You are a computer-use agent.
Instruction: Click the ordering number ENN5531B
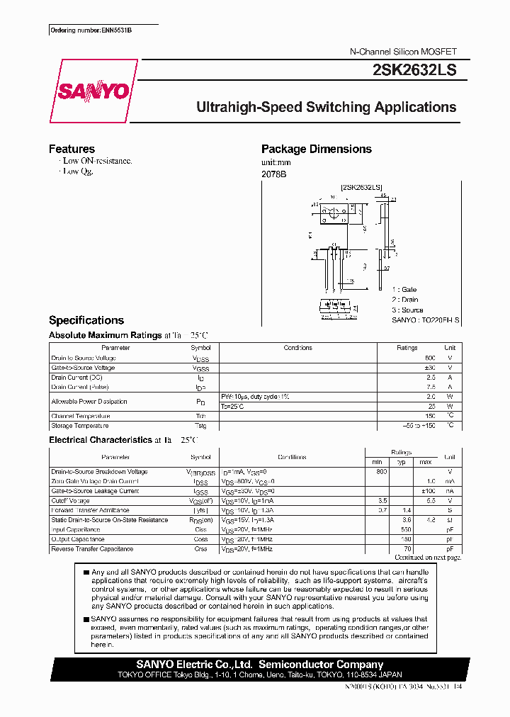click(91, 31)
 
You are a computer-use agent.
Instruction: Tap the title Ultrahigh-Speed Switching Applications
click(326, 108)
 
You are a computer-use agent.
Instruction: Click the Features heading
click(72, 149)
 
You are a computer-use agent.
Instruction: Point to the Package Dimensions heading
click(316, 149)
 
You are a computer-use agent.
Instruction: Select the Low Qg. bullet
click(78, 171)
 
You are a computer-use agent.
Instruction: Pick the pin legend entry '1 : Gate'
click(404, 290)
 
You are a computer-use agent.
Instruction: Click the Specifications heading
click(86, 320)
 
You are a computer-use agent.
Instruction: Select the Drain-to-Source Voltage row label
click(84, 358)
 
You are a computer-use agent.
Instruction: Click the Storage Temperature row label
click(80, 426)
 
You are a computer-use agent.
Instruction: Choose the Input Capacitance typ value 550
click(407, 529)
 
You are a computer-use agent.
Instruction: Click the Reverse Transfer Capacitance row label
click(92, 549)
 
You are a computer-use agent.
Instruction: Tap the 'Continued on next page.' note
click(428, 558)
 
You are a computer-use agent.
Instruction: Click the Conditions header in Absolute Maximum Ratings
click(297, 348)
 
